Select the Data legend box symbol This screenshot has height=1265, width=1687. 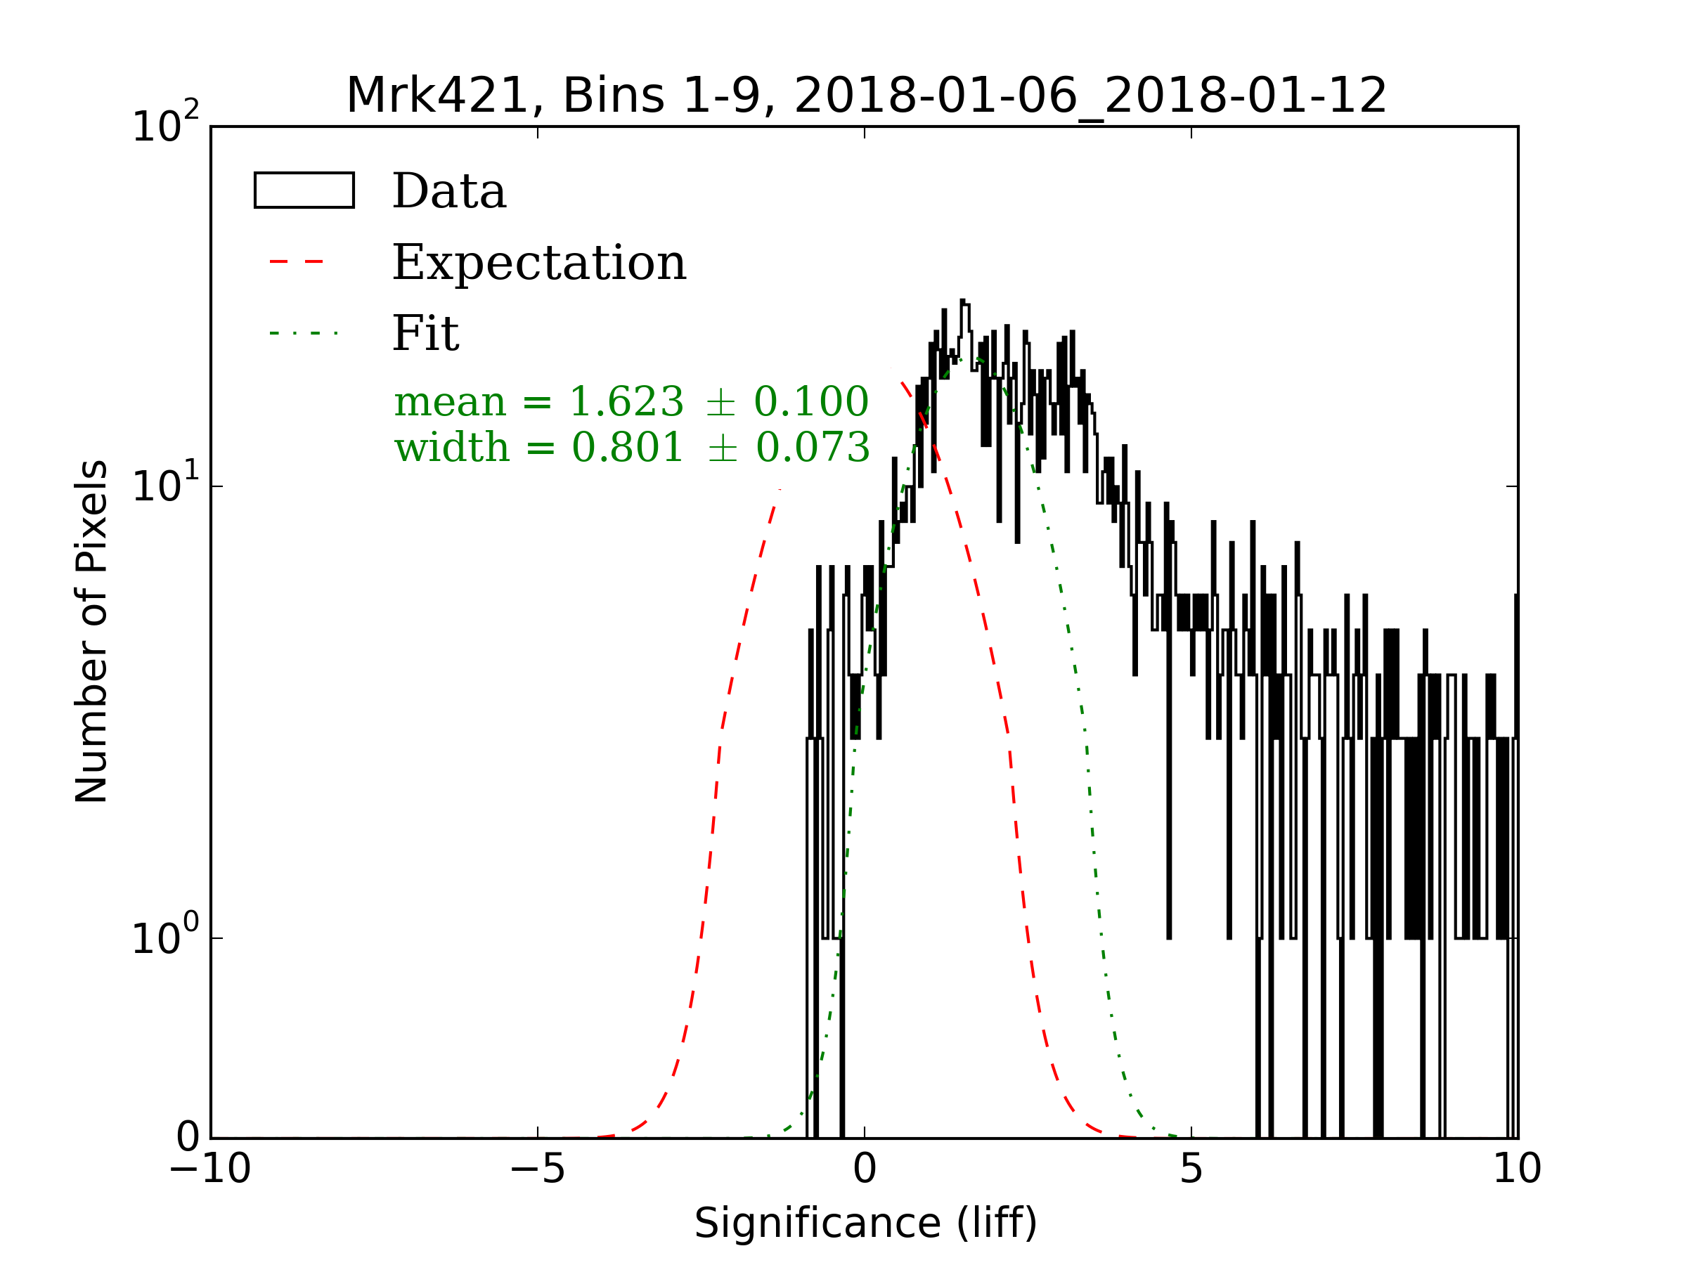pyautogui.click(x=304, y=190)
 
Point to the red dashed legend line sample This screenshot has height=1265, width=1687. pyautogui.click(x=297, y=262)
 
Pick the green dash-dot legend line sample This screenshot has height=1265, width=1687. pyautogui.click(x=304, y=333)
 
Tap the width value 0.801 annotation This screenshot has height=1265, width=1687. pyautogui.click(x=627, y=447)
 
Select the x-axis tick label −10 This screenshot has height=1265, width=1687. pyautogui.click(x=209, y=1169)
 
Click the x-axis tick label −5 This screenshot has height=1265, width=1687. pyautogui.click(x=537, y=1169)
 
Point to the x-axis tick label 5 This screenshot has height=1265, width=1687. pyautogui.click(x=1191, y=1169)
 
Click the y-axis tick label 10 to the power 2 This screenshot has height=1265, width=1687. pyautogui.click(x=164, y=124)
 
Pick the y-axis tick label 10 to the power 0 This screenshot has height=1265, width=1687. pyautogui.click(x=164, y=936)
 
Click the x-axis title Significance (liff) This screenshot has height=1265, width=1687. pyautogui.click(x=865, y=1224)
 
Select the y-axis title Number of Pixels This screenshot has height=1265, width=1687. pyautogui.click(x=91, y=631)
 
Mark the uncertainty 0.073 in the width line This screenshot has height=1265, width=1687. pyautogui.click(x=813, y=447)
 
